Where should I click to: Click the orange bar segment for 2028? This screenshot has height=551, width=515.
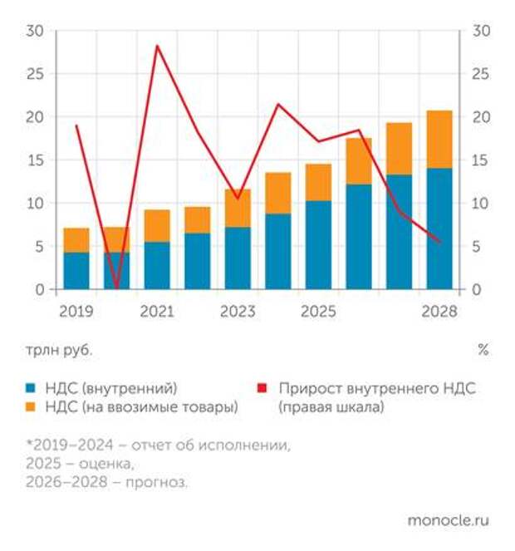coord(439,140)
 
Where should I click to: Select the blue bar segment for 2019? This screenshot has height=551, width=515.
coord(76,271)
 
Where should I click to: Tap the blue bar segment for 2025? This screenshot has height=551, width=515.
coord(318,245)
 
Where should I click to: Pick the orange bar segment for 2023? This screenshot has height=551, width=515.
coord(238,208)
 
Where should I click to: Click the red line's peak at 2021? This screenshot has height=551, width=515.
coord(157,46)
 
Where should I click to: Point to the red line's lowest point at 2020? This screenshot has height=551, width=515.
coord(116,288)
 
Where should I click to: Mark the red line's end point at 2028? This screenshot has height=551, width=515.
coord(439,242)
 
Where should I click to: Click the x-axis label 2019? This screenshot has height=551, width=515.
coord(76,312)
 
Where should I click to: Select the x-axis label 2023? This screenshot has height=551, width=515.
coord(238,312)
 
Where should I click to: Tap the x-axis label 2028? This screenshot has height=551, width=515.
coord(439,312)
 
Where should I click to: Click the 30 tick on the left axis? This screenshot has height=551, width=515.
coord(35,31)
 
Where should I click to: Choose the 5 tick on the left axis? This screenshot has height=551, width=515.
coord(39,246)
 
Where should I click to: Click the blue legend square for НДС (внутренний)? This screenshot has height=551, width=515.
coord(31,388)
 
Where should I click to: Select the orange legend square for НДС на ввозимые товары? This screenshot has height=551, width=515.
coord(31,407)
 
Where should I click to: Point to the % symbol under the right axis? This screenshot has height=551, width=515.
coord(483,350)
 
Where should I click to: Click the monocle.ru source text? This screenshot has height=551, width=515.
coord(448,520)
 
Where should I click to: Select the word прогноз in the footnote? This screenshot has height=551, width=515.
coord(159,482)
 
